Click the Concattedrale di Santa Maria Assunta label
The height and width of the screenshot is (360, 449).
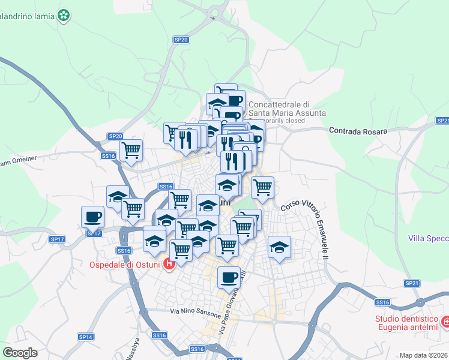[x=287, y=108]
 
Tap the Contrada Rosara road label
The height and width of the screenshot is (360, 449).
[x=358, y=130]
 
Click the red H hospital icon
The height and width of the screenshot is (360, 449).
[x=169, y=263]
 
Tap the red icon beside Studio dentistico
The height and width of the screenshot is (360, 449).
[x=445, y=322]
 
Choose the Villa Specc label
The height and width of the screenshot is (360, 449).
[x=428, y=238]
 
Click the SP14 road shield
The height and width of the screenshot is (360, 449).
[x=86, y=337]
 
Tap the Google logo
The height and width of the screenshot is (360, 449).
[x=20, y=352]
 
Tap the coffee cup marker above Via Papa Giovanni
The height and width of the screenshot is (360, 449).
[x=229, y=277]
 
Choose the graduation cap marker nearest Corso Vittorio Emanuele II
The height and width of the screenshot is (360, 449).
[x=279, y=247]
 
